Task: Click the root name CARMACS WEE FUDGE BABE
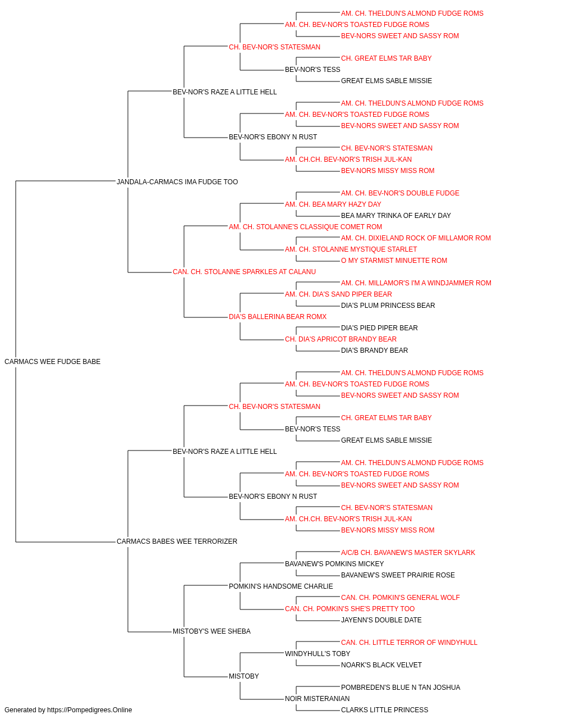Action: point(52,362)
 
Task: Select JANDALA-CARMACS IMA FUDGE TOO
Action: point(177,182)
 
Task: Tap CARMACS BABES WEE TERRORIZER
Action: point(177,541)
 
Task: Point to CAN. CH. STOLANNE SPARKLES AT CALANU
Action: point(244,272)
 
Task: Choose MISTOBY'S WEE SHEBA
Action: point(211,631)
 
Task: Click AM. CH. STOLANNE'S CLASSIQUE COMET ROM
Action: point(305,227)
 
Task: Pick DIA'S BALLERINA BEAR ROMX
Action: point(278,317)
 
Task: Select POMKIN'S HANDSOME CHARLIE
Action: point(281,586)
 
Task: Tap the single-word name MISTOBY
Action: point(244,676)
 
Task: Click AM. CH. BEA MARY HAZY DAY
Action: point(333,204)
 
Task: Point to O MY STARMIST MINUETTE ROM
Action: point(394,261)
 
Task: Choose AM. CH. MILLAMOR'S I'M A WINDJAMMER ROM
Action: point(416,283)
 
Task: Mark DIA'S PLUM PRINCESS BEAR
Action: point(388,306)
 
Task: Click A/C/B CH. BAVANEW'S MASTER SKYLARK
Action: point(408,553)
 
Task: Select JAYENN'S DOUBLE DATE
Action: point(381,620)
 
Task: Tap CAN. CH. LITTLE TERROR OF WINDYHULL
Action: point(409,643)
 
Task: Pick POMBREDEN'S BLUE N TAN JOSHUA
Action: point(401,688)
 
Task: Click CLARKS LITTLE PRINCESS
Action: point(385,710)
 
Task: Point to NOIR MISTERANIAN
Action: point(317,699)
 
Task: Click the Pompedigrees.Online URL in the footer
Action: point(89,710)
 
